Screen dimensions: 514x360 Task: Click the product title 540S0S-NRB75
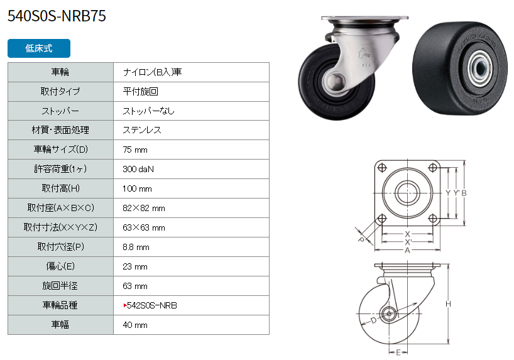coord(57,16)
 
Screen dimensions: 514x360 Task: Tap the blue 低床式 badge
coord(39,48)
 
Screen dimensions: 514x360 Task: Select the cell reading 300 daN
coord(138,169)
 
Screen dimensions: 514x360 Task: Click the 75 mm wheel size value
coord(134,150)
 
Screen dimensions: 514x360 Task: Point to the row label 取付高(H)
coord(61,188)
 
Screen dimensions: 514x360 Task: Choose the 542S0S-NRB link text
coord(152,305)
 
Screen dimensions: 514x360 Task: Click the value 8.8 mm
coord(136,247)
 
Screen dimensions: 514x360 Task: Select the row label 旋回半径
coord(60,286)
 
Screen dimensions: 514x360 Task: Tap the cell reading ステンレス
coord(142,130)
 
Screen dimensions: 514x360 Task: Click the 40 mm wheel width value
coord(134,325)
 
